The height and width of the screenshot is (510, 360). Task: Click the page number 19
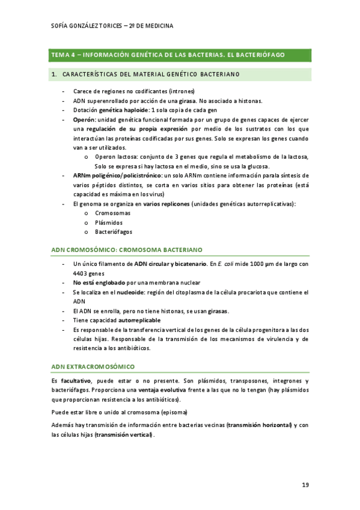click(305, 485)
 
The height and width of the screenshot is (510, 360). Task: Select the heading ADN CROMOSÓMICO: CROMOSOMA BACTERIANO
click(127, 249)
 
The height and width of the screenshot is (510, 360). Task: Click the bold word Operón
click(86, 120)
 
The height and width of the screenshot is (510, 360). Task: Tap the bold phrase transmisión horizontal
click(259, 425)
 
